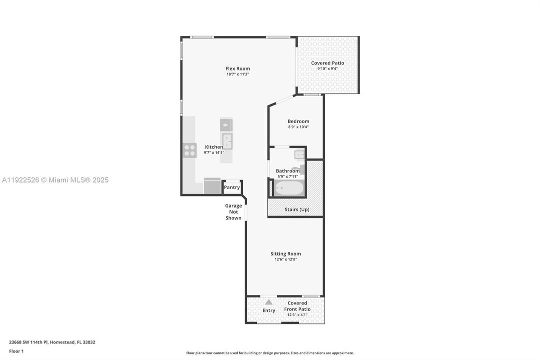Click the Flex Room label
point(237,68)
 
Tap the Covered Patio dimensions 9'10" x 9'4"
point(327,68)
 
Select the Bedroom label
point(298,121)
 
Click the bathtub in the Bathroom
point(289,188)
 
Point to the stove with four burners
point(189,150)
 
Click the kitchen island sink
point(227,141)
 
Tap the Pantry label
point(232,187)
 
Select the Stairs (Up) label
point(297,209)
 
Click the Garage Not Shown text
point(233,211)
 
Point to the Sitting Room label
point(286,253)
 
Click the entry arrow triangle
point(269,302)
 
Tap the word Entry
point(269,310)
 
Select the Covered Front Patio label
point(297,306)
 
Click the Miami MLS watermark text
point(55,180)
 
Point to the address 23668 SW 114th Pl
point(52,342)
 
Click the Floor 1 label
point(16,351)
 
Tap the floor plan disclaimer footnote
point(270,353)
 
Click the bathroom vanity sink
point(299,154)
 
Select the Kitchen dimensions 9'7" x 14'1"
point(214,152)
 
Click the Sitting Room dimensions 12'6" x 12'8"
point(286,259)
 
